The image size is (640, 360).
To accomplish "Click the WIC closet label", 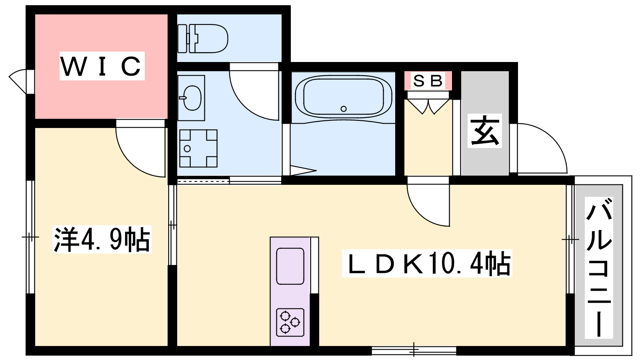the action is [102, 66].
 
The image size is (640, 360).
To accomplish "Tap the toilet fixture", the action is [202, 38].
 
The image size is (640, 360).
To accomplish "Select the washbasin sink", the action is [191, 98].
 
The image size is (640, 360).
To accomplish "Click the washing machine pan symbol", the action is [198, 148].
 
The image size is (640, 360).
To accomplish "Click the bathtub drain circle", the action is [344, 109].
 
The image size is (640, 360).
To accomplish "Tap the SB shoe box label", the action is [428, 80].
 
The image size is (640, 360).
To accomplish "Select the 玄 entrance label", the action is [484, 131].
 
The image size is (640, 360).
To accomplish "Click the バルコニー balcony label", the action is [599, 268].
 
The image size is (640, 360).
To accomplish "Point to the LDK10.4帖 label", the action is [427, 263].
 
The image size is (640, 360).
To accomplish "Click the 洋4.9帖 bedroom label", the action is [102, 239].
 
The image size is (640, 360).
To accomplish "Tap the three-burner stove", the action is [290, 322].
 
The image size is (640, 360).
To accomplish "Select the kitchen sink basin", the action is [290, 266].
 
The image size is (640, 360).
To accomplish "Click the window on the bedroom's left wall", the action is [30, 237].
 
